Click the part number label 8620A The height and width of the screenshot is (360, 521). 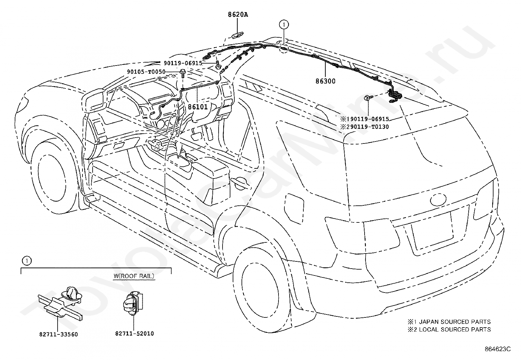[238, 15]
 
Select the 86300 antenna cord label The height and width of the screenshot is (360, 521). [325, 81]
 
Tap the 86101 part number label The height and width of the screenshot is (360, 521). [198, 107]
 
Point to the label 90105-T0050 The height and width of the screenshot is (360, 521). [146, 72]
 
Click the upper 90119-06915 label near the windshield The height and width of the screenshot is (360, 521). [183, 63]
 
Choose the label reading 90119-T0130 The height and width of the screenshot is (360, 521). [368, 127]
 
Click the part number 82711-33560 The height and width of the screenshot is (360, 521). [58, 334]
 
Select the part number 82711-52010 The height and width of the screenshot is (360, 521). [135, 334]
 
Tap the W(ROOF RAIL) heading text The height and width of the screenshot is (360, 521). [134, 276]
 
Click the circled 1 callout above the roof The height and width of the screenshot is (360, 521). [284, 24]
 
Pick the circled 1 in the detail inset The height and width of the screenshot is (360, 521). [27, 261]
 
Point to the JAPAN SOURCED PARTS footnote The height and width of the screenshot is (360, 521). [455, 322]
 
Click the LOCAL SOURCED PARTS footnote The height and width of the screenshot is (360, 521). [455, 330]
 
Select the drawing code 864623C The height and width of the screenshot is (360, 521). [497, 349]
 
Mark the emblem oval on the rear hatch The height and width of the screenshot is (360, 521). [438, 200]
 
